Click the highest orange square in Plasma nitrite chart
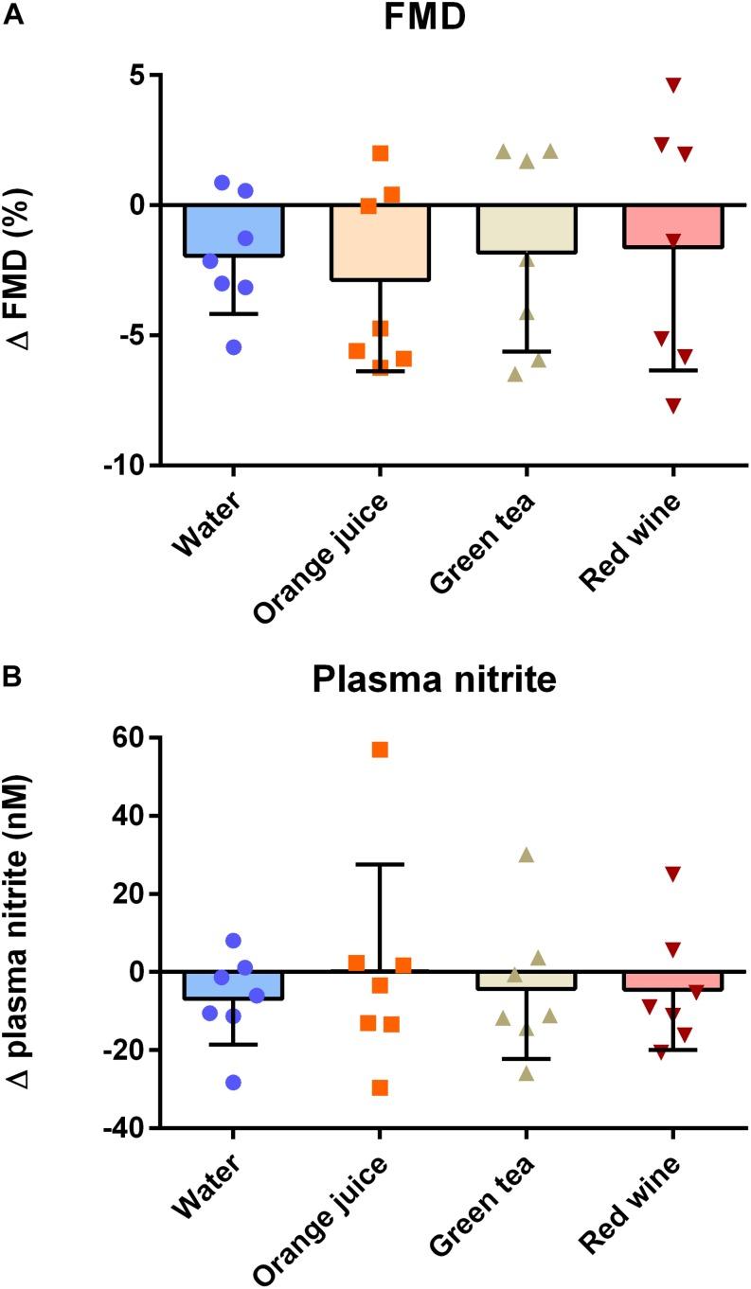tap(380, 750)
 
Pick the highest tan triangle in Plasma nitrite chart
tap(527, 856)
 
